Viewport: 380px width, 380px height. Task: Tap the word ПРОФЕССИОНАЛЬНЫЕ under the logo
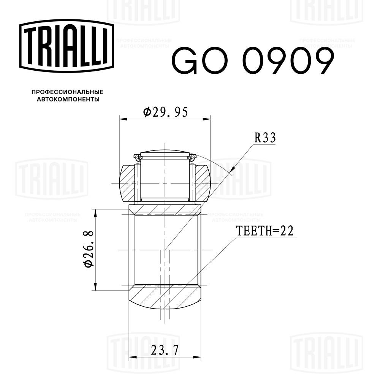[x=67, y=92]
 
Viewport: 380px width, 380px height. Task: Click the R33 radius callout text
[x=264, y=138]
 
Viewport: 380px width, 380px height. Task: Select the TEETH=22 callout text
[x=265, y=231]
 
